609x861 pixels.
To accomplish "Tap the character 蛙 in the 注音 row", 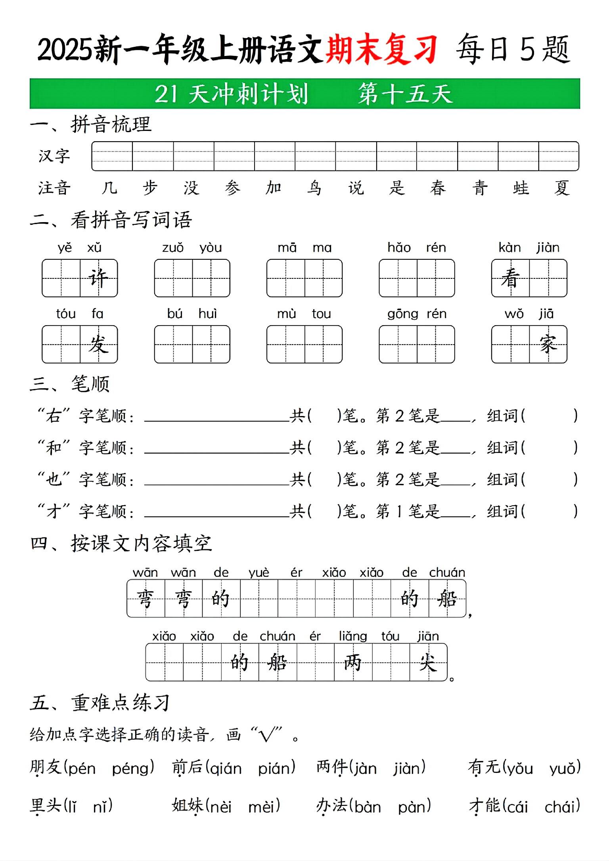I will (x=521, y=188).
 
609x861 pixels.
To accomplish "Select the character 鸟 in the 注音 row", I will (x=314, y=188).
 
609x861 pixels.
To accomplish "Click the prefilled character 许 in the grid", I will (x=98, y=278).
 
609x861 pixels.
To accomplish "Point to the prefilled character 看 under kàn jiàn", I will (x=510, y=278).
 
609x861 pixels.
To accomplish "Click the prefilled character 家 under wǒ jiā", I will (x=548, y=344).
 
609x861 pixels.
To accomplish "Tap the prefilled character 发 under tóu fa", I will (x=98, y=344).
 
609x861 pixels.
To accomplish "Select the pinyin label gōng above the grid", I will (x=403, y=314).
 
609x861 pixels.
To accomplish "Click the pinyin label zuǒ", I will (x=173, y=248).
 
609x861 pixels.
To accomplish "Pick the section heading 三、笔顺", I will (x=70, y=384).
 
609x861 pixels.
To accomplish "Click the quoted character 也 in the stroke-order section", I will (x=54, y=479).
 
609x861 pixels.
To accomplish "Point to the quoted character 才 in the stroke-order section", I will (x=54, y=511).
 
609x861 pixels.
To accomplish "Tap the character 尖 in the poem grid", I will (x=428, y=662).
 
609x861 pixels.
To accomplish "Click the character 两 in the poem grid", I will (x=353, y=662).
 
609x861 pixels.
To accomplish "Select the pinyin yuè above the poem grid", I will (x=259, y=573).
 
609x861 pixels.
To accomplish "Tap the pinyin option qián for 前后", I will (x=226, y=769).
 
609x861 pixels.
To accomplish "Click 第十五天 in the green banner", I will (x=405, y=94).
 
